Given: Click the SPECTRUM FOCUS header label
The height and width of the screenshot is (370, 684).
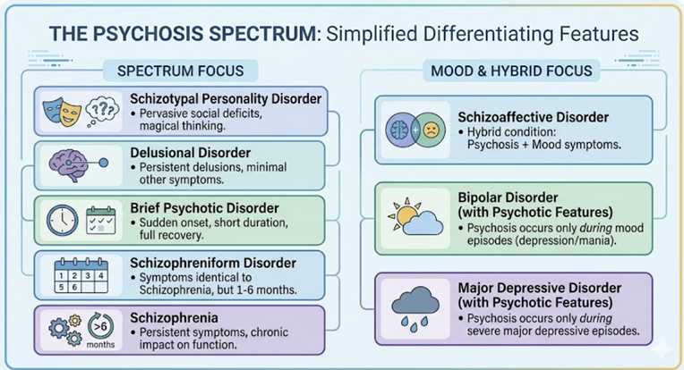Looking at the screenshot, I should pyautogui.click(x=180, y=71).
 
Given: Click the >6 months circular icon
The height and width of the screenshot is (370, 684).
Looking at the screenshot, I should pyautogui.click(x=100, y=327).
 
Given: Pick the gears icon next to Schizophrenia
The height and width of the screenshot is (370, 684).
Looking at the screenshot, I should pyautogui.click(x=59, y=329).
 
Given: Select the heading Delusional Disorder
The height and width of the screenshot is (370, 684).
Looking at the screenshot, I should pyautogui.click(x=189, y=153).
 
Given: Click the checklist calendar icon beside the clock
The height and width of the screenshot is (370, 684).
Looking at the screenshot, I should pyautogui.click(x=102, y=218).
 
